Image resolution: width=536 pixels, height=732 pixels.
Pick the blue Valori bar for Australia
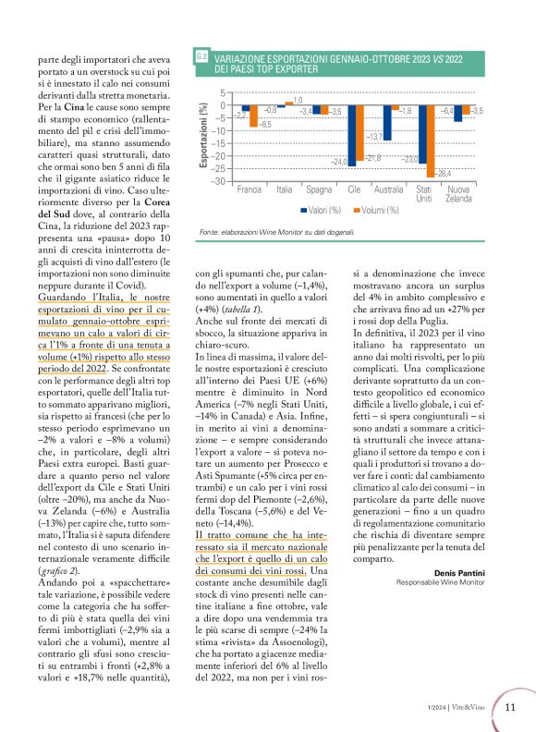point(387,122)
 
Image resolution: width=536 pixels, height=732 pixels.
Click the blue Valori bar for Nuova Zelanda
point(457,113)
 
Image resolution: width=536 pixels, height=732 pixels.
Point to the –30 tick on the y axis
point(218,181)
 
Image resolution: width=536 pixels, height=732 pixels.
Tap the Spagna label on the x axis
point(320,189)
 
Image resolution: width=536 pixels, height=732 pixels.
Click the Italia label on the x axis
point(285,189)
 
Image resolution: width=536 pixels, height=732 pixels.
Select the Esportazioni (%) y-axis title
point(203,136)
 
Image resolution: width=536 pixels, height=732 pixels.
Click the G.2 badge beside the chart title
point(201,58)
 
